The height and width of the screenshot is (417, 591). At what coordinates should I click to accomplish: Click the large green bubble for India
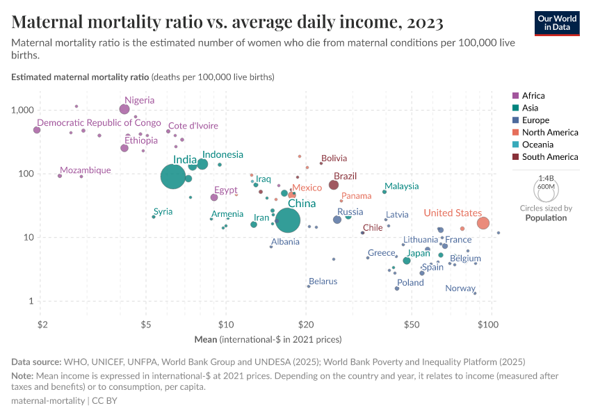173,177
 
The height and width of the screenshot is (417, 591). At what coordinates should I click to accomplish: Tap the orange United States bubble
483,223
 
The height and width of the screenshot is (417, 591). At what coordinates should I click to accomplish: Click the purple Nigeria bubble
124,109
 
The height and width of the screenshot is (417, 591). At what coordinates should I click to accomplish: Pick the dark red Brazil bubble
334,185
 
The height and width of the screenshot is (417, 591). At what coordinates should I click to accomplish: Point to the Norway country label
460,288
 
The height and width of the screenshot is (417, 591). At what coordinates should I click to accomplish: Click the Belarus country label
323,281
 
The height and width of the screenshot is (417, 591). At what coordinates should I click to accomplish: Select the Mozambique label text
85,170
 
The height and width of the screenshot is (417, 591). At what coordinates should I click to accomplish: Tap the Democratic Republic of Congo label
99,123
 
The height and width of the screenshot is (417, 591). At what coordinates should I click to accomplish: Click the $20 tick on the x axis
304,325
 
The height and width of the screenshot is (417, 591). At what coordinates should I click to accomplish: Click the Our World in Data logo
557,22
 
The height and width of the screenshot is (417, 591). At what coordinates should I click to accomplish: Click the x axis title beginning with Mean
268,340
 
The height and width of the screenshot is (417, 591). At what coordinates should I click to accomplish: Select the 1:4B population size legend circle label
546,178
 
